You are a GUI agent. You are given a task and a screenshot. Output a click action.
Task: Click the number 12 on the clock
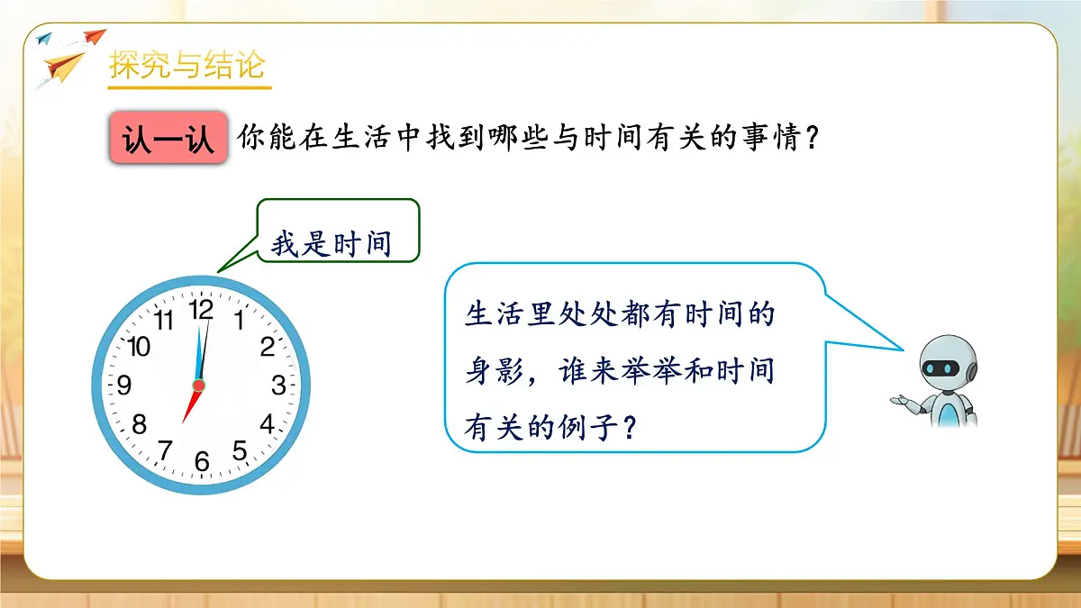(x=201, y=309)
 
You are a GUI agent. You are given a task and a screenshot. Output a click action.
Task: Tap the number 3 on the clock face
(x=278, y=386)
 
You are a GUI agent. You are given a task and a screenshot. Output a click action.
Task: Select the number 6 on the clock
(x=202, y=461)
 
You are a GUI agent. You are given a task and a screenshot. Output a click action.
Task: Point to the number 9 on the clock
(x=124, y=386)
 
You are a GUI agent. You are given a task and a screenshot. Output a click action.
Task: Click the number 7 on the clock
(x=165, y=449)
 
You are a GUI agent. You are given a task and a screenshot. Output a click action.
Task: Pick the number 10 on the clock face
(x=139, y=346)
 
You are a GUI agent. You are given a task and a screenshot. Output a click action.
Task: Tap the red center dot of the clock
(x=199, y=386)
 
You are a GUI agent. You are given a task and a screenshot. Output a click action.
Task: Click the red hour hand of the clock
(x=190, y=406)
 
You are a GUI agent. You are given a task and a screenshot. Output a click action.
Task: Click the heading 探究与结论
(x=186, y=66)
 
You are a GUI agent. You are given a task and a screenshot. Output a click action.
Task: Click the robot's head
(x=943, y=368)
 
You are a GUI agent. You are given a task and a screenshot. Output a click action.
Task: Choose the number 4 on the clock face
(x=267, y=423)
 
